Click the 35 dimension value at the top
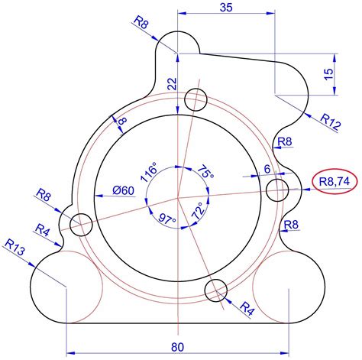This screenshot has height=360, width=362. (x=225, y=8)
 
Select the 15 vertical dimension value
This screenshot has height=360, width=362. (x=328, y=74)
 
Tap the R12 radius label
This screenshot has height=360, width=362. (x=330, y=122)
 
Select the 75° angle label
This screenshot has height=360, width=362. (x=205, y=173)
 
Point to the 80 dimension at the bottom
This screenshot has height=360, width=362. (x=177, y=347)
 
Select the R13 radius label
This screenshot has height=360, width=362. (x=15, y=247)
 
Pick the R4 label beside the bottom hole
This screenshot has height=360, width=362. (x=247, y=309)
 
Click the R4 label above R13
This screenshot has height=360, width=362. (x=43, y=229)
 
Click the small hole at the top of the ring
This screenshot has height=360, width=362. (x=196, y=99)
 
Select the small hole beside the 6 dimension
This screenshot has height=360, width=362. (x=276, y=189)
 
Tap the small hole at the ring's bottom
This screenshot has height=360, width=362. (x=218, y=290)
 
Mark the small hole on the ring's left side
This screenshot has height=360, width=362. (x=81, y=225)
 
